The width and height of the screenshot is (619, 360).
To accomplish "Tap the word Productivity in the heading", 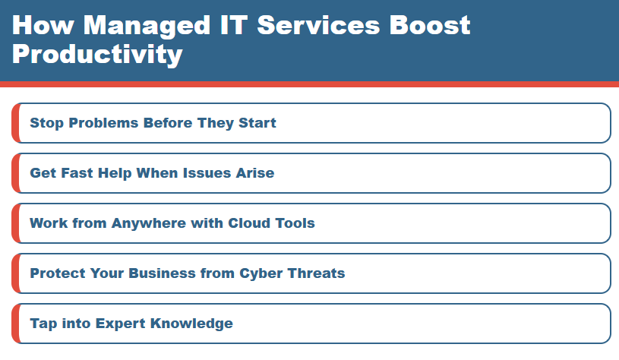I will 97,54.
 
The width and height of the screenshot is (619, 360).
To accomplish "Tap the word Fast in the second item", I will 77,173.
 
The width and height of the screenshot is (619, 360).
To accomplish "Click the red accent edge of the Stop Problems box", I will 14,123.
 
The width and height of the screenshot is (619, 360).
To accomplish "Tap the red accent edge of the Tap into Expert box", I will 14,324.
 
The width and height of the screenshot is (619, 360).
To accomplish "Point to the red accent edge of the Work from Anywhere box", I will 14,223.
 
